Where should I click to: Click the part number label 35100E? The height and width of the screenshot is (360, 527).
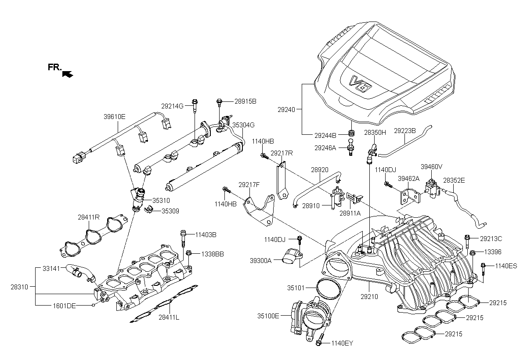tap(268, 316)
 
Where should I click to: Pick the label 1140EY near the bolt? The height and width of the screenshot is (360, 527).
tap(342, 343)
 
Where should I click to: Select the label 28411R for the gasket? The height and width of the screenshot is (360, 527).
tap(89, 217)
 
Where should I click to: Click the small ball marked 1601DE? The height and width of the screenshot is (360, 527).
tap(94, 305)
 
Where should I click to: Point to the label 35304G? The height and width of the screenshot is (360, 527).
tap(243, 125)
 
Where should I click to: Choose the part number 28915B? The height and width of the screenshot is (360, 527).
tap(245, 101)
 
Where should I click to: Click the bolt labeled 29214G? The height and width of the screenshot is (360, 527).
tap(194, 104)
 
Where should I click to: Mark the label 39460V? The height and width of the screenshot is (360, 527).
tap(432, 167)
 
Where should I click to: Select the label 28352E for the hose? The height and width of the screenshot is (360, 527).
tap(454, 180)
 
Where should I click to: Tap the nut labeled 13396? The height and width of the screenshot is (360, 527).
tap(472, 253)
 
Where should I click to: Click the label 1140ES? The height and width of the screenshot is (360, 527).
tap(506, 266)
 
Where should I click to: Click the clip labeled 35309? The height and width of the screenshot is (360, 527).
tap(148, 210)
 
